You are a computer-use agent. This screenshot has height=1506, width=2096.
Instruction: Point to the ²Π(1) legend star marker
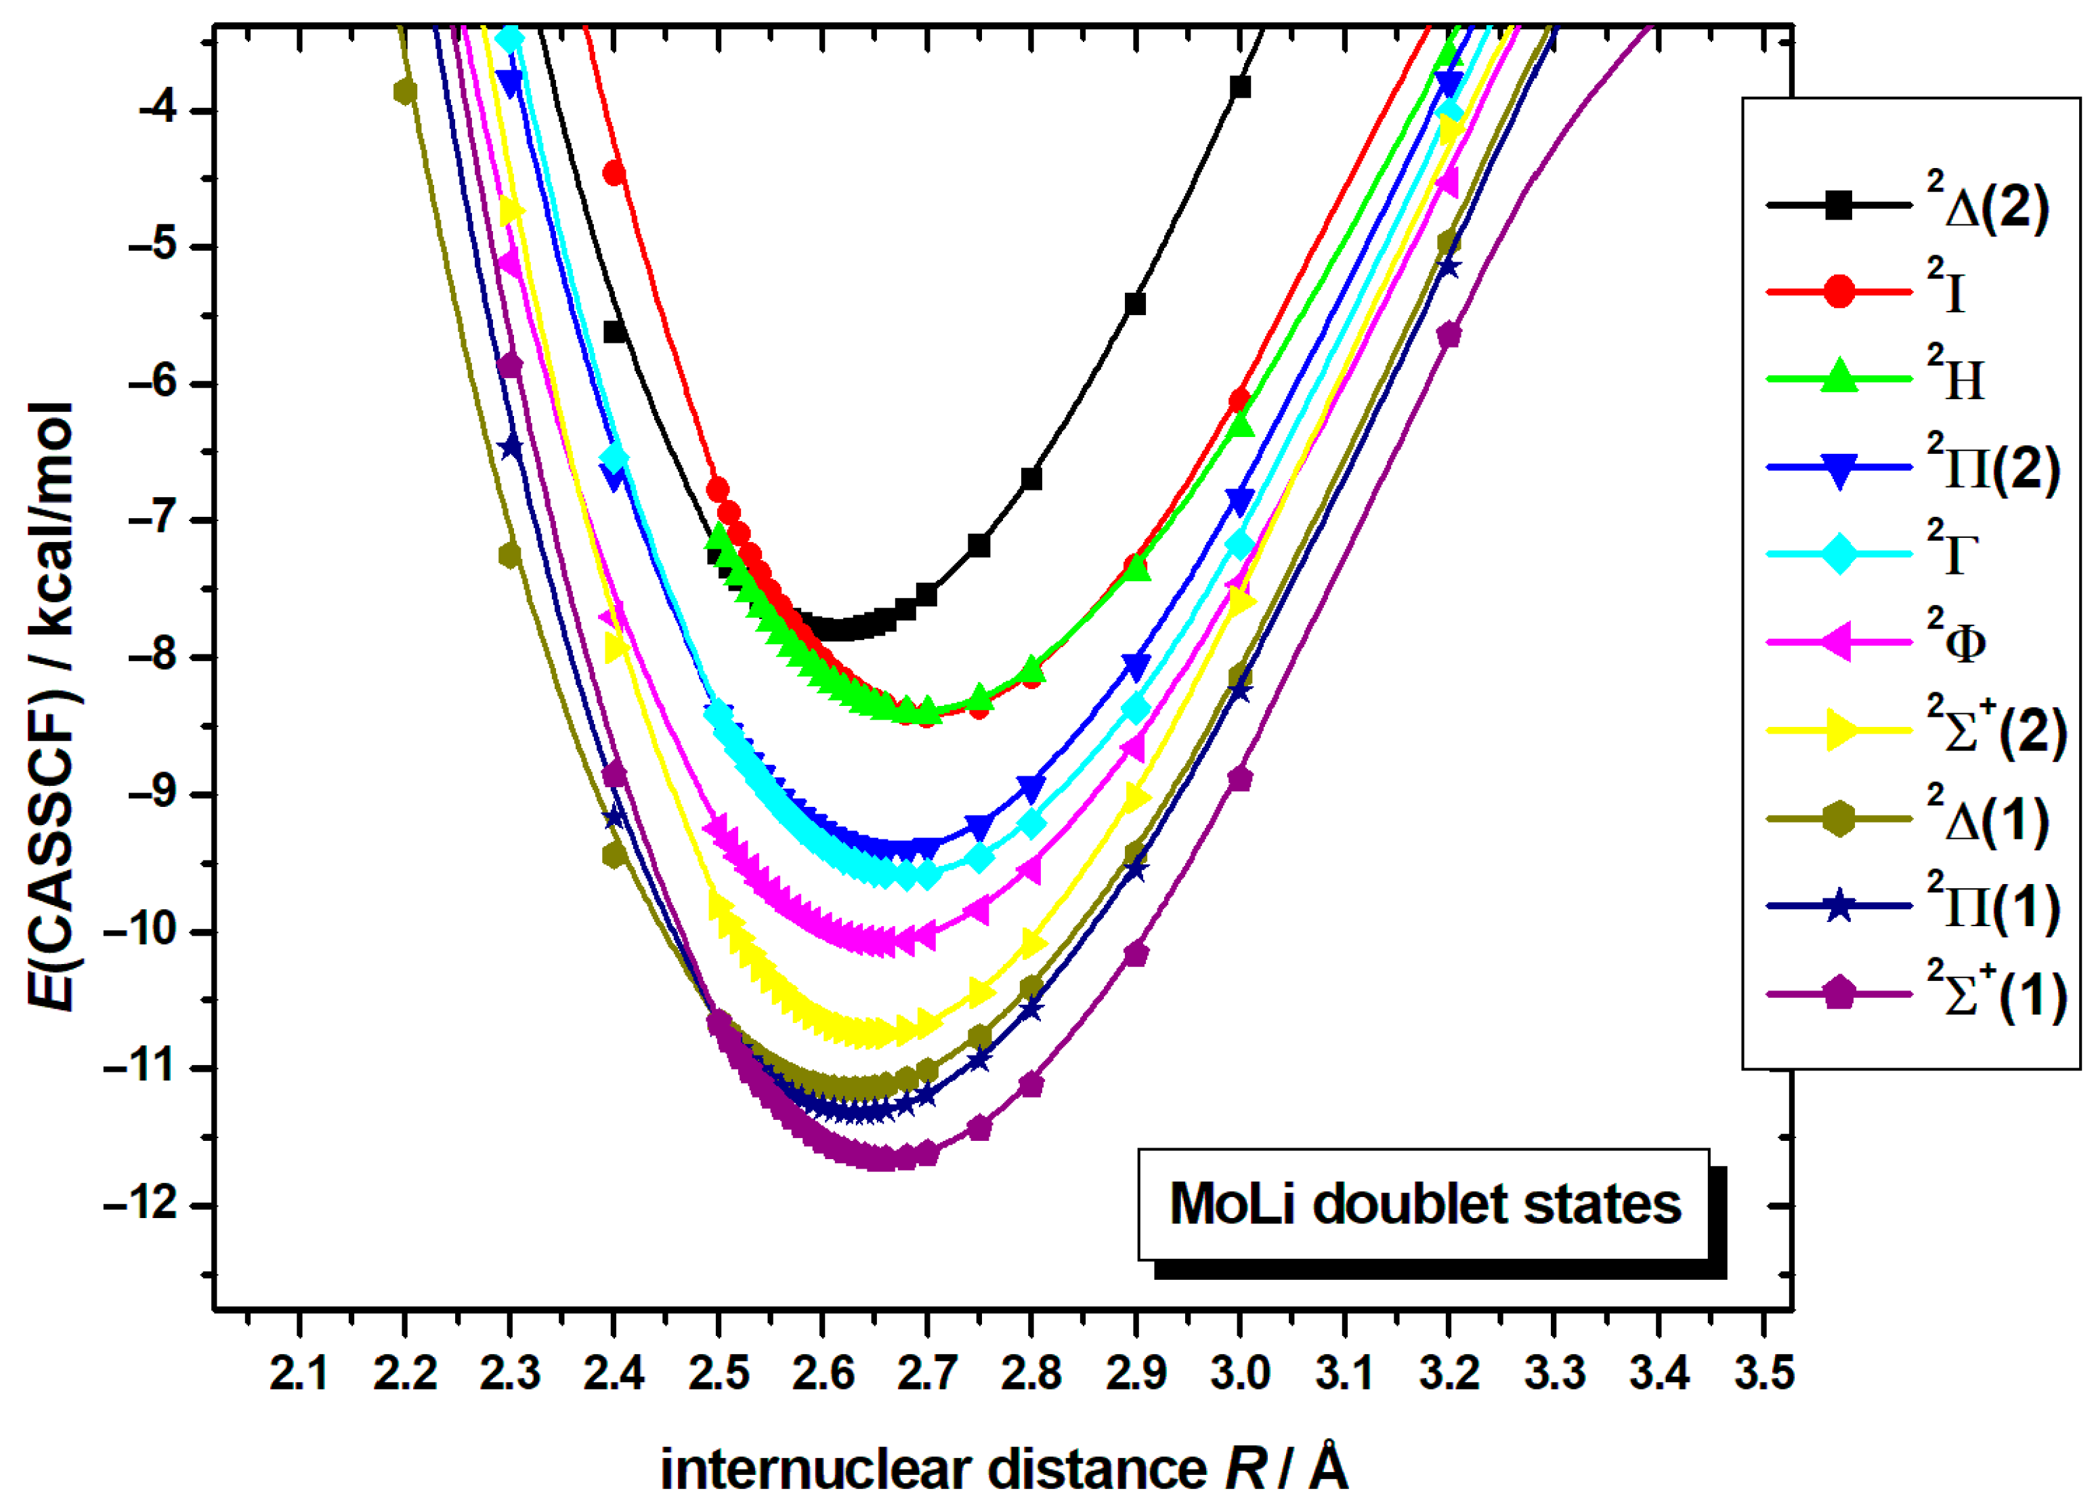(1839, 906)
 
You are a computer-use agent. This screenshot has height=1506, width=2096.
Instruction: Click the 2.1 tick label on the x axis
(299, 1374)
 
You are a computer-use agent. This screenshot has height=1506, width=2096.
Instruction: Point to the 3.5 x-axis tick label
(1763, 1374)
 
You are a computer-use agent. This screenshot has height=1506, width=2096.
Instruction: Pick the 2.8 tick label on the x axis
(1031, 1374)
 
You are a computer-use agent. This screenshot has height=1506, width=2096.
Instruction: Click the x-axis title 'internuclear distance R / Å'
(1004, 1469)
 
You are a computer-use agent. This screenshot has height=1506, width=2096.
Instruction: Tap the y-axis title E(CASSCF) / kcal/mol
(51, 707)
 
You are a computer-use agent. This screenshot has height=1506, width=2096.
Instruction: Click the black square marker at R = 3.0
(1240, 87)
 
